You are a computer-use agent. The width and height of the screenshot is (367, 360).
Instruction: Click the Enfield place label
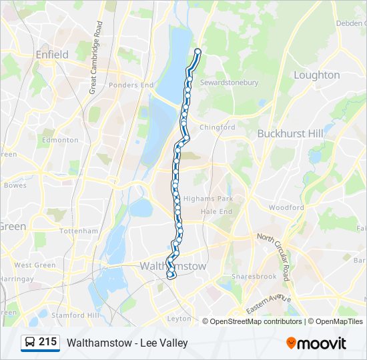[52, 55]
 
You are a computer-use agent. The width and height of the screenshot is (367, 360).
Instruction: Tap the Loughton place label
[316, 75]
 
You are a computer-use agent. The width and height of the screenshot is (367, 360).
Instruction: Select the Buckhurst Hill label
[290, 133]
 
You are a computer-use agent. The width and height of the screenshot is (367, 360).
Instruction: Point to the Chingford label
[218, 127]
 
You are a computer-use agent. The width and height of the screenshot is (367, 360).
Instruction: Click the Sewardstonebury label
[229, 83]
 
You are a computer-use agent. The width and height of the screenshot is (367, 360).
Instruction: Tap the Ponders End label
[131, 85]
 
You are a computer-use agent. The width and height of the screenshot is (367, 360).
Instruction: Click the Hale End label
[216, 211]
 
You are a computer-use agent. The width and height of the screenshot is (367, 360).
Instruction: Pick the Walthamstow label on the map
[173, 266]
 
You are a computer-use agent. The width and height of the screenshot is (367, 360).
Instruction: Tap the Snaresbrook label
[253, 276]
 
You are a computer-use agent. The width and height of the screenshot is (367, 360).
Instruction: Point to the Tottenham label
[79, 231]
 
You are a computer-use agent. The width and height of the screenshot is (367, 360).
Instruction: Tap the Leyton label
[179, 319]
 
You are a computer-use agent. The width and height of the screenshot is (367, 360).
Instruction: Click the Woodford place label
[286, 208]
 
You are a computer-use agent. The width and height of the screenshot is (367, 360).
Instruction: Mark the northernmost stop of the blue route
[198, 51]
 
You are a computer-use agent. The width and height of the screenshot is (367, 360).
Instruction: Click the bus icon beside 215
[30, 343]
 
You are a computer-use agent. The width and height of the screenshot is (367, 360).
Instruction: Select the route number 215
[47, 342]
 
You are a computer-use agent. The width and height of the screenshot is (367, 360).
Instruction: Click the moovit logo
[316, 343]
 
